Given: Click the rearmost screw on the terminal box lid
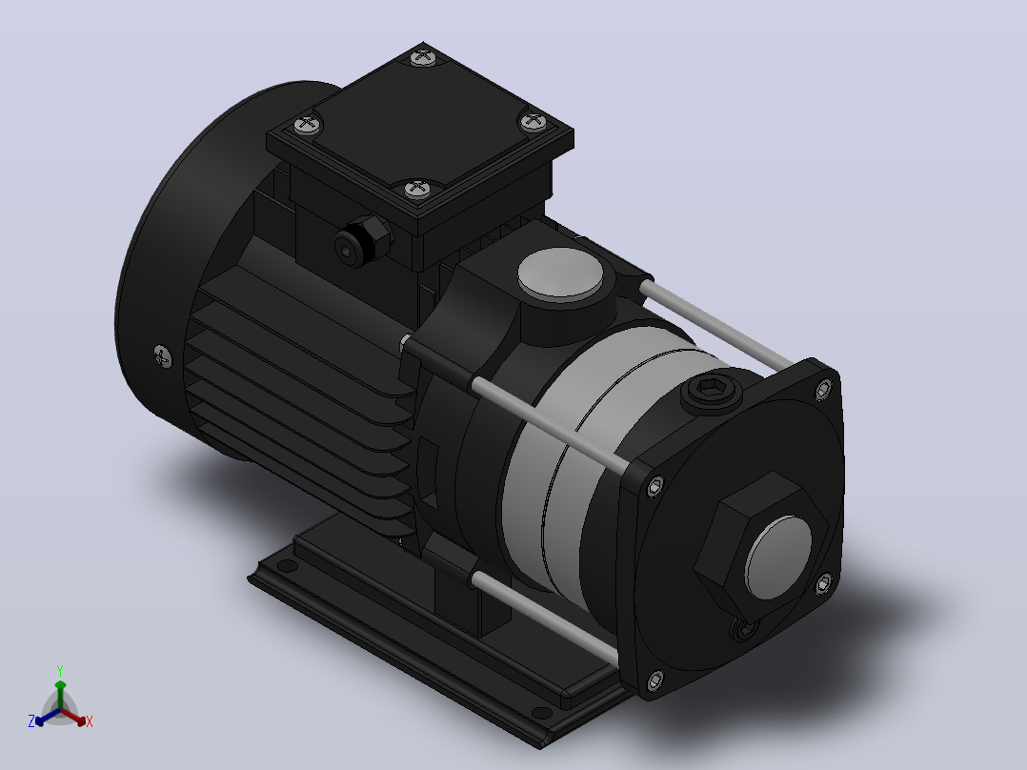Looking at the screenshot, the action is click(x=423, y=58).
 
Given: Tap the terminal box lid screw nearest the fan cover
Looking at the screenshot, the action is click(x=308, y=124).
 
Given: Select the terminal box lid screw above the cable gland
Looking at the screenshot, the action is click(x=417, y=190).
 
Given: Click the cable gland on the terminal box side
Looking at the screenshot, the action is click(x=362, y=240).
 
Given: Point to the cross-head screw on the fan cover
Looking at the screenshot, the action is click(x=163, y=357).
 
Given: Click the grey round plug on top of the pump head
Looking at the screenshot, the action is click(x=560, y=272).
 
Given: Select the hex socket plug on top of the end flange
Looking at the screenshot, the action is click(x=712, y=390).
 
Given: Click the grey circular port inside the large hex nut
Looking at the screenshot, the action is click(x=778, y=557).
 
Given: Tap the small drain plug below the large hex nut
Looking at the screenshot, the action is click(x=745, y=630).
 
